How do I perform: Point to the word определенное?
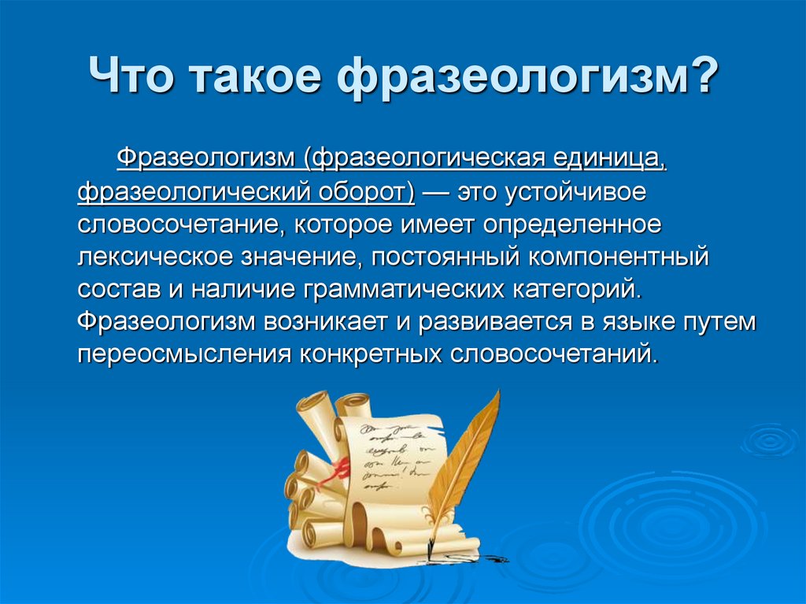572,226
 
